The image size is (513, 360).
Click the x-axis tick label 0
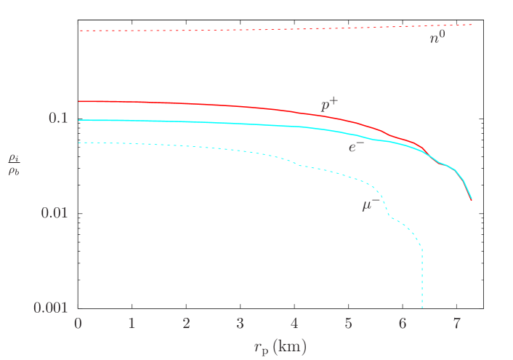pyautogui.click(x=78, y=324)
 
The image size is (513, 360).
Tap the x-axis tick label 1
pyautogui.click(x=132, y=324)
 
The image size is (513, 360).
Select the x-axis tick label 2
pyautogui.click(x=186, y=324)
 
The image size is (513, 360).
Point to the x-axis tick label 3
pyautogui.click(x=240, y=324)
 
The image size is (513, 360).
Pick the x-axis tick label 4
pyautogui.click(x=294, y=324)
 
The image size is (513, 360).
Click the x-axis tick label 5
pyautogui.click(x=348, y=324)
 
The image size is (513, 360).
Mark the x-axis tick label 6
pyautogui.click(x=402, y=324)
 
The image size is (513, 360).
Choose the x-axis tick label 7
pyautogui.click(x=456, y=324)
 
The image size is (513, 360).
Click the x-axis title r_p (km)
pyautogui.click(x=280, y=348)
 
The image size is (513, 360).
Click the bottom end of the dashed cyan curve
pyautogui.click(x=422, y=307)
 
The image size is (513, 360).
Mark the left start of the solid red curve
pyautogui.click(x=78, y=101)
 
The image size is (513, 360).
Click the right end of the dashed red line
pyautogui.click(x=472, y=25)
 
